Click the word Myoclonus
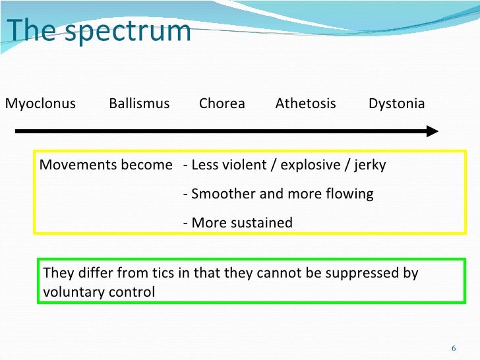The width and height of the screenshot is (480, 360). [40, 104]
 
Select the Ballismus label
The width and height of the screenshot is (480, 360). [139, 104]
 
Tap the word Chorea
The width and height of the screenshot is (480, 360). [222, 104]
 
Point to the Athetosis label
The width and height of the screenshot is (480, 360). [305, 104]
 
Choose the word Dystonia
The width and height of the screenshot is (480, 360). [396, 104]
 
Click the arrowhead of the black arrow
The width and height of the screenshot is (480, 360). [432, 131]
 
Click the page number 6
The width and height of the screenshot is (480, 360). [454, 347]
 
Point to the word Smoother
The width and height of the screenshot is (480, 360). [222, 194]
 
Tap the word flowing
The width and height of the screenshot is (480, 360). [349, 194]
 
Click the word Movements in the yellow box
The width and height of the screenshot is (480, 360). [70, 165]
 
